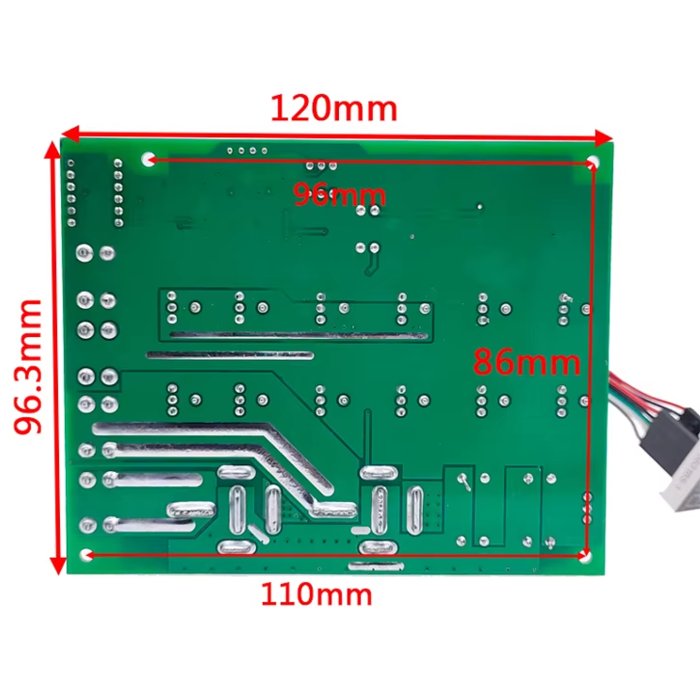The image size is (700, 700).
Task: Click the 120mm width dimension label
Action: point(334,109)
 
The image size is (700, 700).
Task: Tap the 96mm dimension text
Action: point(339,195)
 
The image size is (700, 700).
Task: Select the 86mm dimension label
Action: point(527,362)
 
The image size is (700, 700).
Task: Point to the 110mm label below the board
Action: point(316,595)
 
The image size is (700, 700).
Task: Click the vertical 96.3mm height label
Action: point(28,366)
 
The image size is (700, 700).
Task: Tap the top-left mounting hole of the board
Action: point(148,159)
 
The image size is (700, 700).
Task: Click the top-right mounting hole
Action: point(593,161)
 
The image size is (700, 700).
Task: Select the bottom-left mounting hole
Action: point(85,554)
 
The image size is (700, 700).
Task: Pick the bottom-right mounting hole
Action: point(585,556)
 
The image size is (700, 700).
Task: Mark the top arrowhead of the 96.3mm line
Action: point(53,150)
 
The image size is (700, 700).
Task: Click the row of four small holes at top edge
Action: point(247,151)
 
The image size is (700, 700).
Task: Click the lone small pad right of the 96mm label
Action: point(479,206)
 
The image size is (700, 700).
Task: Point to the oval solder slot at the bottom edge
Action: point(376,566)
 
